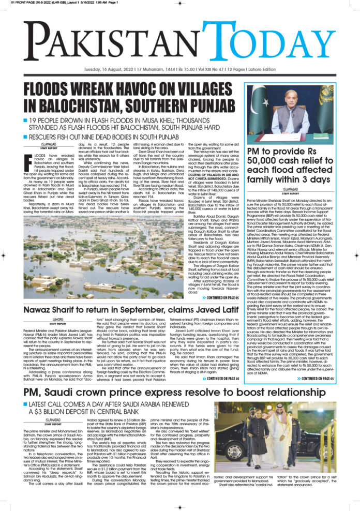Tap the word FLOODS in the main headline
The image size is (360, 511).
pos(54,89)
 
